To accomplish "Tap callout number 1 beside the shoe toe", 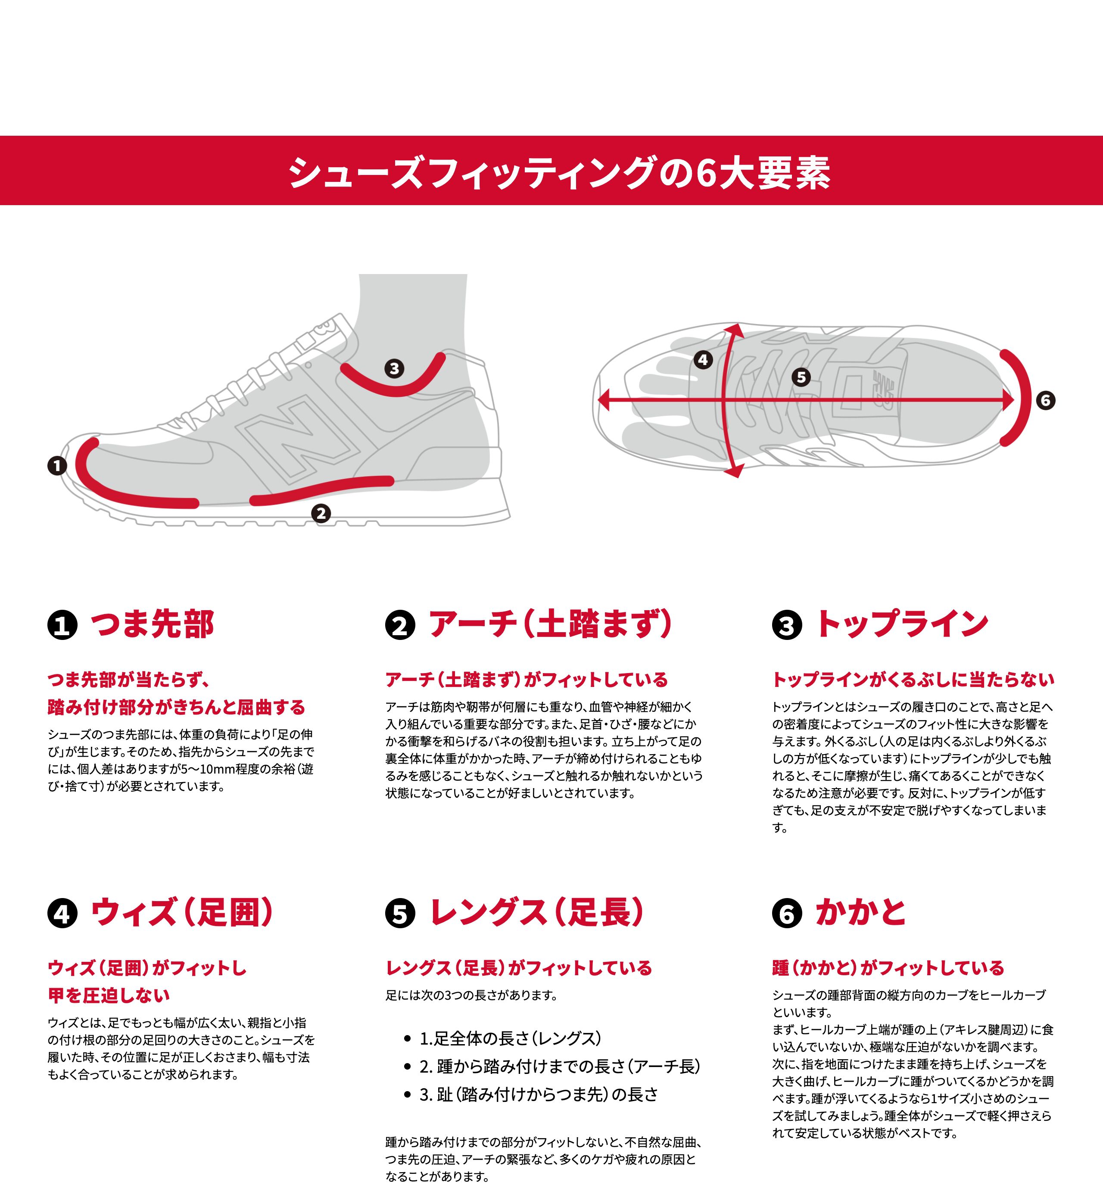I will pos(57,465).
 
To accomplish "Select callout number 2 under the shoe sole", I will pos(321,513).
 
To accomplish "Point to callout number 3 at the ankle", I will pos(393,368).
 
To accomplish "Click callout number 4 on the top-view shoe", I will pos(703,359).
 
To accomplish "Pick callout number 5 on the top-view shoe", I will pos(801,377).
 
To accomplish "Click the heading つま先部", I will pos(152,624).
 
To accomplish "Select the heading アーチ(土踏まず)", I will pos(550,624).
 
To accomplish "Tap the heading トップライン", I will pos(902,624).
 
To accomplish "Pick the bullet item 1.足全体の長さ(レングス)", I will pos(510,1038).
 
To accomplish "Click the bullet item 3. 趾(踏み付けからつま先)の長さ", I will pos(539,1094).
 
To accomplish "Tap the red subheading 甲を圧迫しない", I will pos(109,995).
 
